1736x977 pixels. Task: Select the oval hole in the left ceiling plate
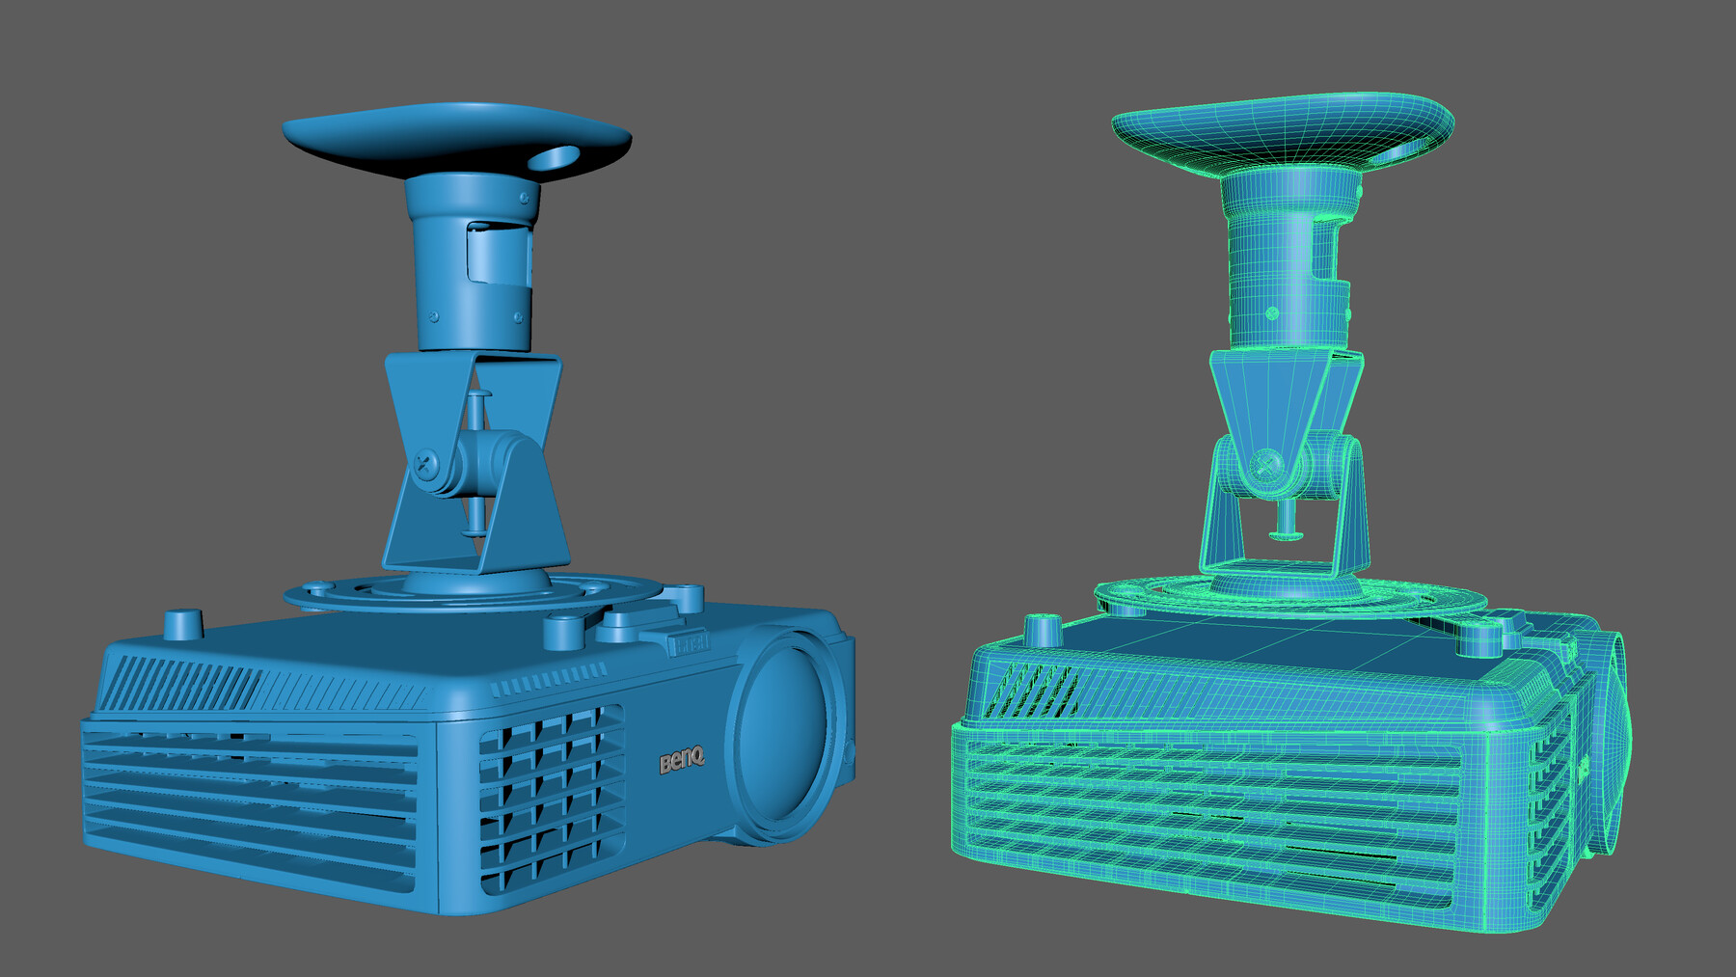pyautogui.click(x=556, y=156)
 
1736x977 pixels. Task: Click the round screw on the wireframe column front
pyautogui.click(x=1272, y=313)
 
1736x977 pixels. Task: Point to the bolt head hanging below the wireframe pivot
pyautogui.click(x=1287, y=533)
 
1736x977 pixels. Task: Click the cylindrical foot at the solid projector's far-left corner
pyautogui.click(x=183, y=623)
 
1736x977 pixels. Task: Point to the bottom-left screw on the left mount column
pyautogui.click(x=434, y=316)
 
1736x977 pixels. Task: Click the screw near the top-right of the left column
pyautogui.click(x=525, y=198)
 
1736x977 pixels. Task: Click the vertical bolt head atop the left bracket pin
pyautogui.click(x=479, y=394)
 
